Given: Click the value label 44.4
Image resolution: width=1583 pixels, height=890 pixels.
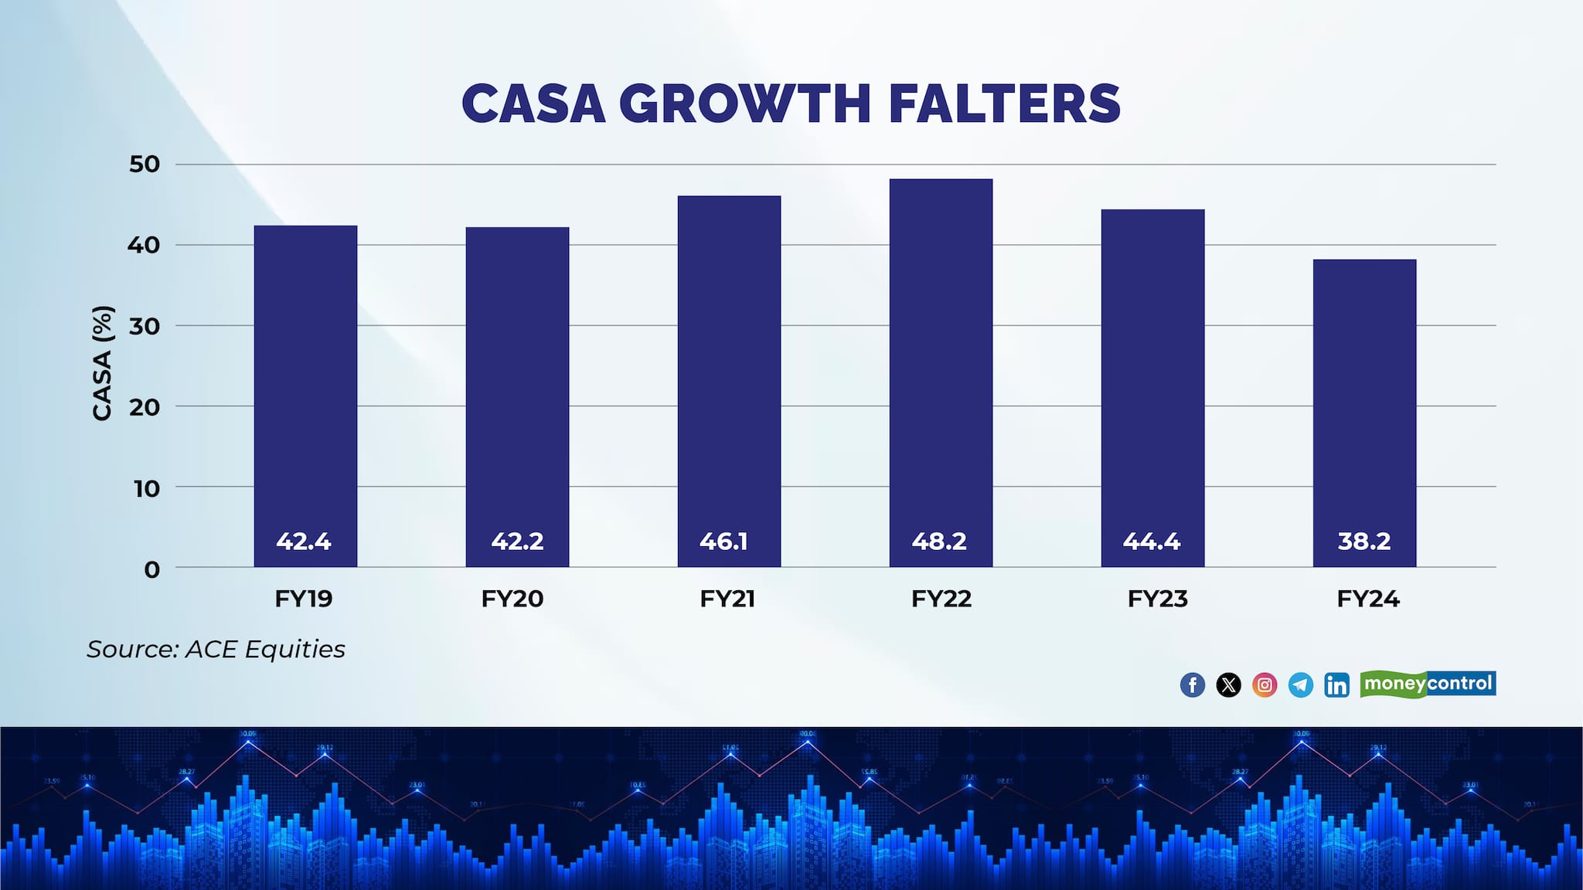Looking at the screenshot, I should pyautogui.click(x=1152, y=541).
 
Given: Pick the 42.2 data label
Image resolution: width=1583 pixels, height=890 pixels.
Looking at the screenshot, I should pyautogui.click(x=517, y=541).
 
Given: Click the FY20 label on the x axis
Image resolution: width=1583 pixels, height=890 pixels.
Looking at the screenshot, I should pyautogui.click(x=512, y=599).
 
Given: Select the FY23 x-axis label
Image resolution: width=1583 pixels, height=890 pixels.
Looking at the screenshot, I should pyautogui.click(x=1157, y=599).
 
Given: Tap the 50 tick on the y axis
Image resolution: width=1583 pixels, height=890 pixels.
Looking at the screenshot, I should pyautogui.click(x=145, y=164).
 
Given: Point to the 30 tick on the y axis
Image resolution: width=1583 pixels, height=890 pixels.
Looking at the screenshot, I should pyautogui.click(x=145, y=326).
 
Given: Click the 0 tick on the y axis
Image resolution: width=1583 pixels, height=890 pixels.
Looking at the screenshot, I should pyautogui.click(x=152, y=569).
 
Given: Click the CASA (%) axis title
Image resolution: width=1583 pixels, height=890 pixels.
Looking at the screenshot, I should pyautogui.click(x=103, y=363).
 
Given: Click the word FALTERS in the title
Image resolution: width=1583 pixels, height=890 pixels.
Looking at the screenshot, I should pyautogui.click(x=1004, y=104).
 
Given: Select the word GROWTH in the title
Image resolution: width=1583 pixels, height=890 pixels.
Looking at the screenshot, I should pyautogui.click(x=745, y=104).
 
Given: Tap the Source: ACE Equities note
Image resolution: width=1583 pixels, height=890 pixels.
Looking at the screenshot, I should pyautogui.click(x=216, y=649).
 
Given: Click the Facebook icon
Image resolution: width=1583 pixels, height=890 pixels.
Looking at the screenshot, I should pyautogui.click(x=1193, y=684).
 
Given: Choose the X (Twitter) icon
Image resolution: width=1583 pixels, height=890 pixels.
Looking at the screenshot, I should pyautogui.click(x=1228, y=684).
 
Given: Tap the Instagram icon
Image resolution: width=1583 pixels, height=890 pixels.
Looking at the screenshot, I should pyautogui.click(x=1265, y=684).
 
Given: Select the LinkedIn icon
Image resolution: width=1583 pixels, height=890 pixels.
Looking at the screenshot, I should pyautogui.click(x=1336, y=684).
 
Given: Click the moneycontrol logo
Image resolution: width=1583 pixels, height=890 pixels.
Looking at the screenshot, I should pyautogui.click(x=1428, y=684).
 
